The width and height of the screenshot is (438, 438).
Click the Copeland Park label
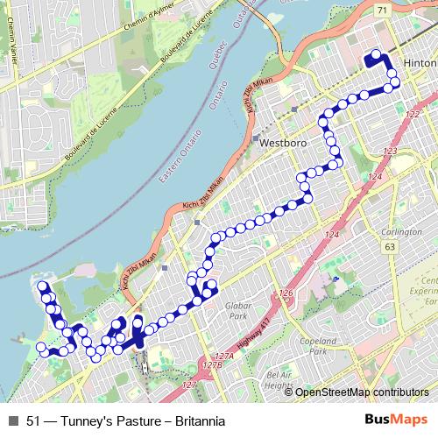(313, 343)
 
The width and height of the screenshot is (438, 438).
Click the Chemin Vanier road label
(17, 66)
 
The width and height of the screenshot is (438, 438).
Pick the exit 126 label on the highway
(285, 293)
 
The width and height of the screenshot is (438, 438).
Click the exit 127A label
(225, 357)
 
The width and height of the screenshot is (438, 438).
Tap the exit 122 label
(413, 113)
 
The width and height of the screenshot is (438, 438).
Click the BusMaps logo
(401, 420)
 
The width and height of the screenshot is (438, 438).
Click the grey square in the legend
(12, 420)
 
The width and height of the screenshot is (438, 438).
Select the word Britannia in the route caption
(200, 420)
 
